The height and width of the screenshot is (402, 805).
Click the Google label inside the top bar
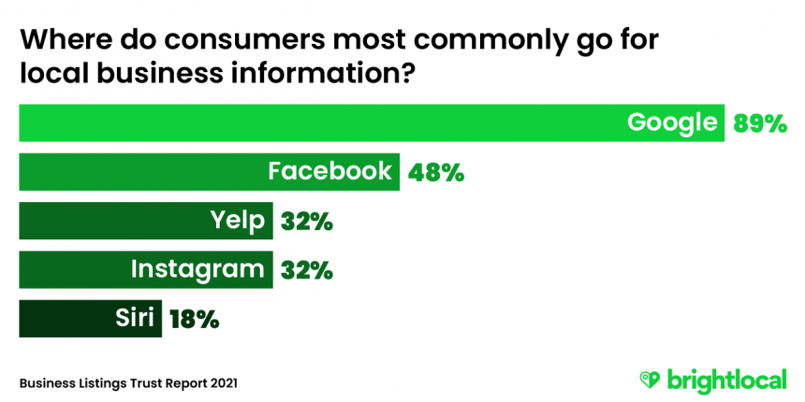672,122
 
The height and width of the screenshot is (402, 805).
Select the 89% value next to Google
760,123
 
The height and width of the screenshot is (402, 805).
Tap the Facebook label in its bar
329,172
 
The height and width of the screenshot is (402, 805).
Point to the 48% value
435,173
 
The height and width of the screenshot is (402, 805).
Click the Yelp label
239,222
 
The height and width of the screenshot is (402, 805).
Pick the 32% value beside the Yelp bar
305,223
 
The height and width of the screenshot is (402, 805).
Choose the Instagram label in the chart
198,270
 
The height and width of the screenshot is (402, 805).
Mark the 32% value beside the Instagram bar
305,271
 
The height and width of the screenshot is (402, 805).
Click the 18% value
194,320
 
